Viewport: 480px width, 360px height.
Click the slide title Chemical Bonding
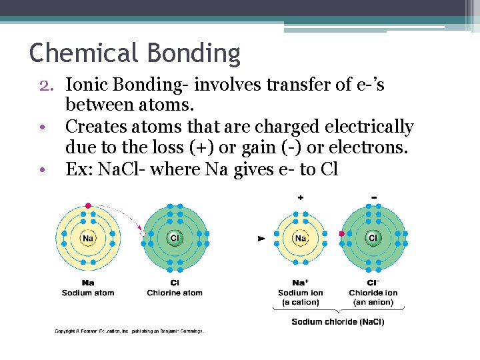[x=135, y=53]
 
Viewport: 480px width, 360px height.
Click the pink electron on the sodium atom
[x=88, y=205]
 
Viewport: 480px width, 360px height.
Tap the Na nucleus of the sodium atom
[x=87, y=238]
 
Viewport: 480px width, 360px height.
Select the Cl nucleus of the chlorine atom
[x=175, y=238]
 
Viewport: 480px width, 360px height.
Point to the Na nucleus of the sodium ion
[x=301, y=238]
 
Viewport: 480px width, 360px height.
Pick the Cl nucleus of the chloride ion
[x=373, y=238]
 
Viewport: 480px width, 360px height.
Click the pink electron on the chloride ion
[x=342, y=234]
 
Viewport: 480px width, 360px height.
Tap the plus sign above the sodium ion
[x=301, y=198]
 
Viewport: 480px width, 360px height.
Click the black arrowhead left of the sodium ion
[x=261, y=238]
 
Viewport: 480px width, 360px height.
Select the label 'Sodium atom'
[x=88, y=293]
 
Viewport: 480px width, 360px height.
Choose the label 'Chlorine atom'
[x=175, y=293]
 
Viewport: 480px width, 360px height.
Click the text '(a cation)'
[x=301, y=302]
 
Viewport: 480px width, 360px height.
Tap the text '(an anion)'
[x=373, y=302]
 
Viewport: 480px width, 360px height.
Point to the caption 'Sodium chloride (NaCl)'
[x=337, y=322]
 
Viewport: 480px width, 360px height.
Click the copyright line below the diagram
[x=129, y=331]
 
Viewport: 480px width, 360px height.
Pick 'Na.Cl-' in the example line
[x=123, y=169]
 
